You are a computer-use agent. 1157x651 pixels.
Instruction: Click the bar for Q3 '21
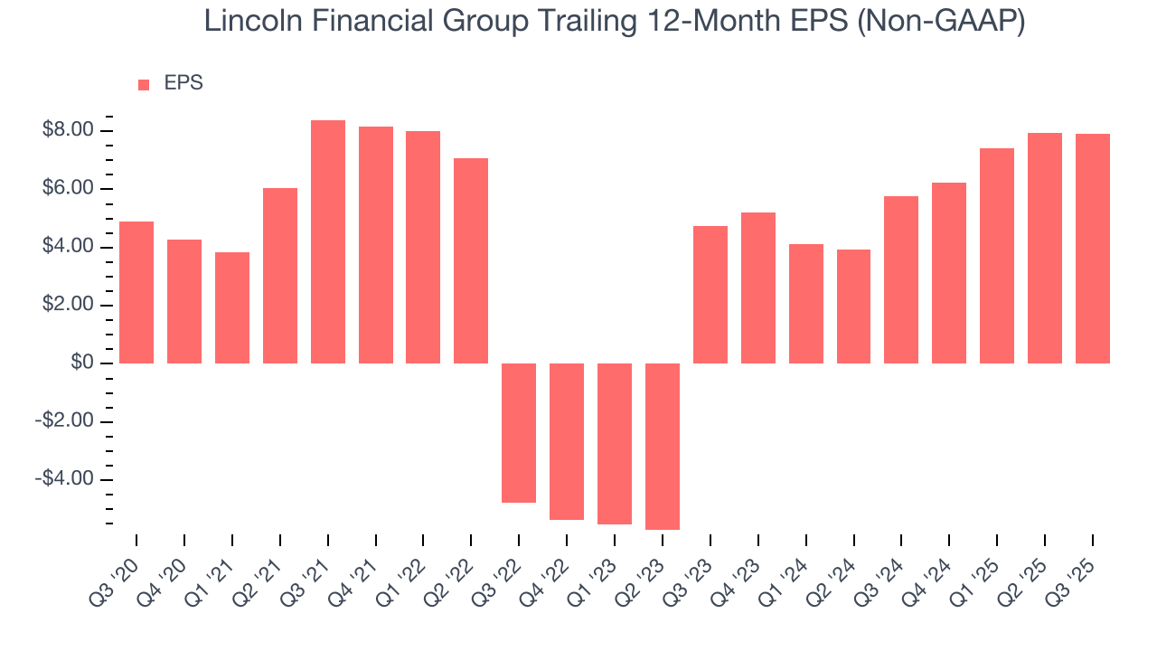click(x=328, y=241)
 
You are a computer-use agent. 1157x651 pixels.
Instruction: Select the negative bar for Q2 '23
click(x=662, y=446)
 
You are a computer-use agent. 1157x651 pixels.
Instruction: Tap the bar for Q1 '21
click(x=232, y=307)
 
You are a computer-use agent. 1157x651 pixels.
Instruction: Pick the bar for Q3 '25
click(x=1092, y=249)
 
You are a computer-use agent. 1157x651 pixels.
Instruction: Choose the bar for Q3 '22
click(x=519, y=432)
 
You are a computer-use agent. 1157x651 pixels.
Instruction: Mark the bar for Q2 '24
click(x=853, y=307)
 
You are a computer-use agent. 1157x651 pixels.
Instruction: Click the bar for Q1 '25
click(x=997, y=256)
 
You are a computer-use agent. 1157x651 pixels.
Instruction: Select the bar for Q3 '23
click(x=710, y=295)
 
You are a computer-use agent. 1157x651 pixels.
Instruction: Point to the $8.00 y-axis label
click(x=68, y=131)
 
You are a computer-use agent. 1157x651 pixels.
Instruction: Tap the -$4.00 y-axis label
click(x=64, y=479)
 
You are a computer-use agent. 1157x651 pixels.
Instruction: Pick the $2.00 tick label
click(x=68, y=306)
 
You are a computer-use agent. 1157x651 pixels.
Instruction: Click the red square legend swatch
click(x=144, y=85)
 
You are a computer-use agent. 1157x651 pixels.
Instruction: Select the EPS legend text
click(x=183, y=84)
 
